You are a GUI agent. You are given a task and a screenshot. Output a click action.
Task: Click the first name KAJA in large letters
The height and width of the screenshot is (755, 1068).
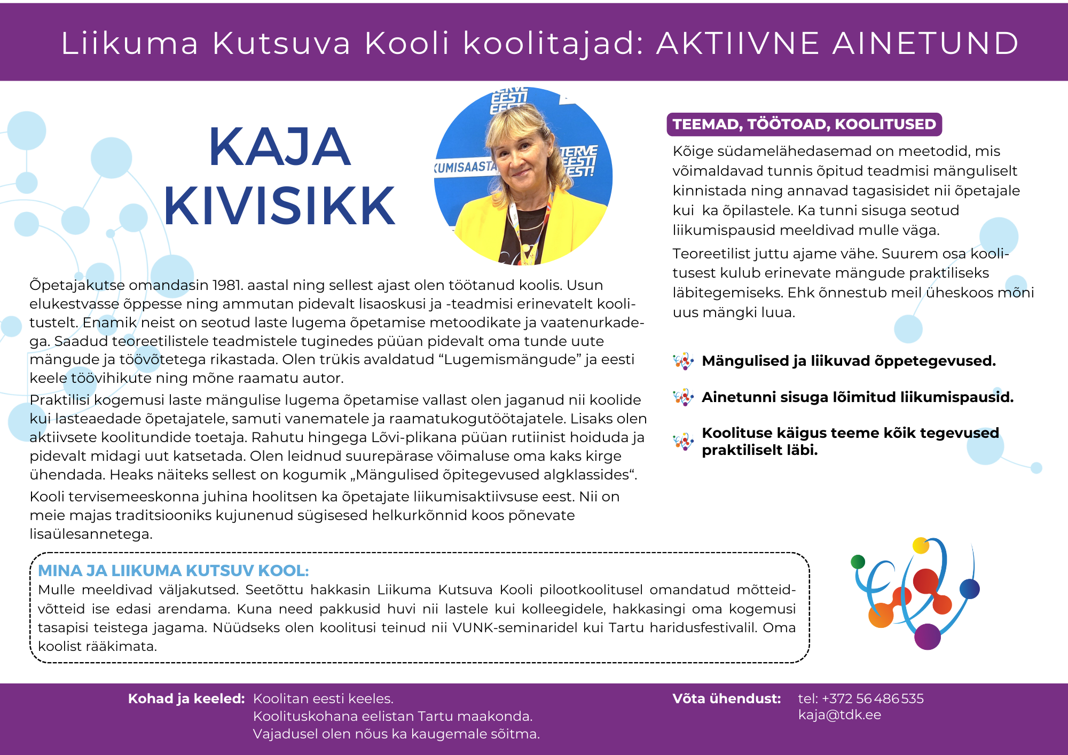tap(279, 147)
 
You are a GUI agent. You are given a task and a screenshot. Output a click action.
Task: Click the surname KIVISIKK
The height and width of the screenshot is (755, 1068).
tap(279, 206)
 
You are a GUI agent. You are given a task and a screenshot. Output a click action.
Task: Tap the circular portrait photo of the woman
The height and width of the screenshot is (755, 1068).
tap(523, 176)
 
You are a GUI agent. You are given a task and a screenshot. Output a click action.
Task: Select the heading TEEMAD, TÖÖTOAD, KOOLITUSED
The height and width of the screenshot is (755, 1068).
tap(804, 124)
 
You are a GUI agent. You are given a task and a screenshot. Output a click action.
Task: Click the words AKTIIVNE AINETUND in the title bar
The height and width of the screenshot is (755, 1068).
tap(837, 43)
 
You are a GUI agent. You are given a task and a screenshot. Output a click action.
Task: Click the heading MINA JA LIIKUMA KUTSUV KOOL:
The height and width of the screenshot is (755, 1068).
tap(174, 571)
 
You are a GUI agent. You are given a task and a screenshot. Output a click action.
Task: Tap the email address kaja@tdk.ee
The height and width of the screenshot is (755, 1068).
tap(839, 715)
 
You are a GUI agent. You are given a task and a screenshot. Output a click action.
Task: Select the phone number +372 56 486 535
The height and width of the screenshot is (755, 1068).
tap(873, 698)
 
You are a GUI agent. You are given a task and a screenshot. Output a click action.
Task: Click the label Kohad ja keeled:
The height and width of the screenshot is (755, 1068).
tap(186, 698)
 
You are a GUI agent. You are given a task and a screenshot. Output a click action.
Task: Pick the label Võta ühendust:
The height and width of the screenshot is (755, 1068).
tap(726, 698)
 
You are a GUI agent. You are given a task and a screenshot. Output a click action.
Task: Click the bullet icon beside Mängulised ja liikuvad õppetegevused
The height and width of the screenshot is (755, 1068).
tap(683, 361)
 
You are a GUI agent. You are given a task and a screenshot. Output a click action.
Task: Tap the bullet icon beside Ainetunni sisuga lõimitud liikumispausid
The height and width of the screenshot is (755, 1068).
tap(683, 398)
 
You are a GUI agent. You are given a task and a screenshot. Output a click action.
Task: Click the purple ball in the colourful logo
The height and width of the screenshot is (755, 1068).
tap(927, 636)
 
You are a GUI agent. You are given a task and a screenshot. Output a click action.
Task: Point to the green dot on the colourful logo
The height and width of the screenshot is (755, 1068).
tap(858, 561)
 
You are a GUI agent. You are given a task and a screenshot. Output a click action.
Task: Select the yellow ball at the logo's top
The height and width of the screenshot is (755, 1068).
tap(921, 545)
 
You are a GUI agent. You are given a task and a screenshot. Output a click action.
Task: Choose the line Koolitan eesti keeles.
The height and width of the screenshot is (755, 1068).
tap(323, 698)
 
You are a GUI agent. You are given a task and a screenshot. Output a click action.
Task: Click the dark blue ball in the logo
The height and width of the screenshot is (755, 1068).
tap(969, 589)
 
